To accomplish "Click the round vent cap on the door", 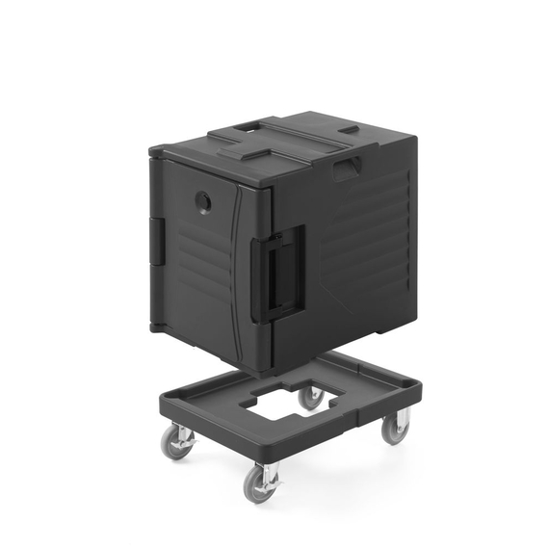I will pos(203,201).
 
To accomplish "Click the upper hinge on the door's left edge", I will pos(155,237).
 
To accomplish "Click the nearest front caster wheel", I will pos(260,484).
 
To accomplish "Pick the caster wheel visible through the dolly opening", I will pos(310,397).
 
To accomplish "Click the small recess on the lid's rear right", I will pos(350,129).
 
